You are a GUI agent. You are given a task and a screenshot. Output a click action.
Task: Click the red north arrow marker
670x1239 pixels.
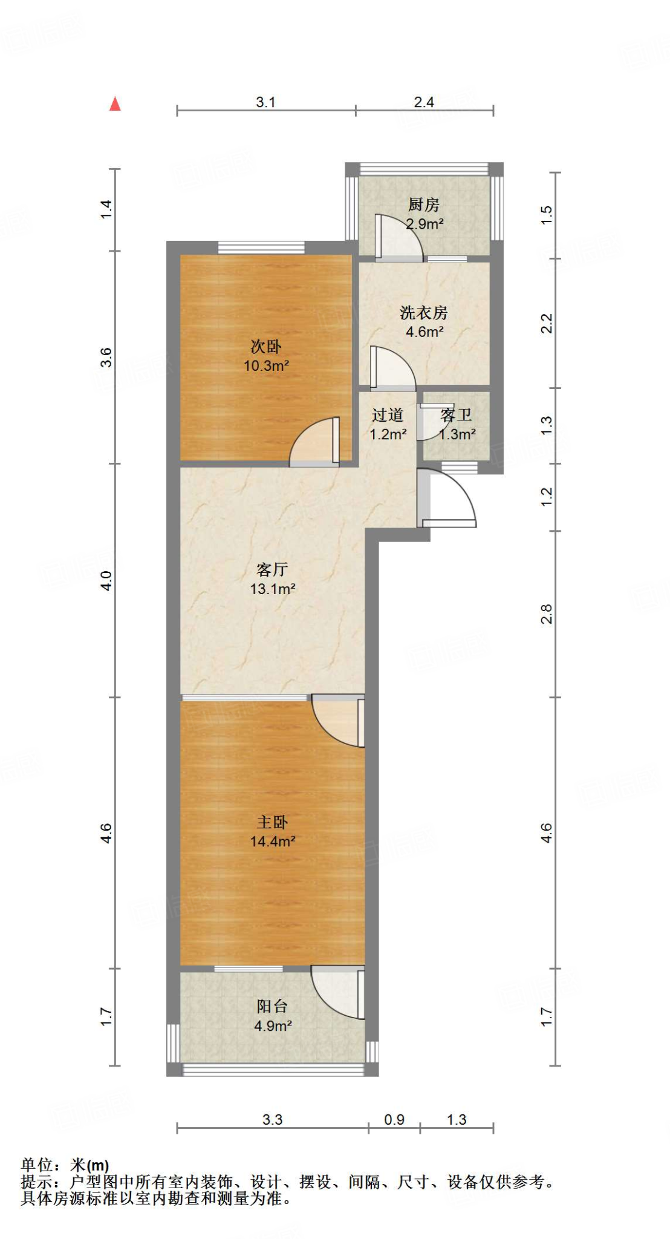tap(115, 104)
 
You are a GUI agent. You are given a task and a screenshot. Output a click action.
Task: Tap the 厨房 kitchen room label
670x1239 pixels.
tap(423, 204)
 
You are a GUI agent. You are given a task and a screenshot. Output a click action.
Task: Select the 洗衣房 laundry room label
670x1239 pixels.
tap(423, 313)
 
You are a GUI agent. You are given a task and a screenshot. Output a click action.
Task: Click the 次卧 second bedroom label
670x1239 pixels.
tap(266, 347)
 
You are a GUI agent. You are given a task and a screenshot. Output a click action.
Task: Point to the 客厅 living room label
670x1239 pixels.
tap(272, 569)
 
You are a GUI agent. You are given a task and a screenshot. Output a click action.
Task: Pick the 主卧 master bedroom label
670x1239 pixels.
tap(272, 822)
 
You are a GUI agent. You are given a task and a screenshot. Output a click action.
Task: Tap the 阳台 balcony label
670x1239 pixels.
tap(272, 1006)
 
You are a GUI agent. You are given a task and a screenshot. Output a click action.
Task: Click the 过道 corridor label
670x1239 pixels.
tap(388, 415)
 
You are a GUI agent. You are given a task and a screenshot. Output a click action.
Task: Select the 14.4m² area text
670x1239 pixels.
tap(273, 841)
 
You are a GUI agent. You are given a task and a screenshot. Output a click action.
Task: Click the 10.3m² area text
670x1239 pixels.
tap(266, 365)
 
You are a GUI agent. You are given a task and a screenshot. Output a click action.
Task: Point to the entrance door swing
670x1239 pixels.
tap(450, 499)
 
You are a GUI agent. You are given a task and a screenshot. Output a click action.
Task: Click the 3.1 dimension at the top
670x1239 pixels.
tap(265, 102)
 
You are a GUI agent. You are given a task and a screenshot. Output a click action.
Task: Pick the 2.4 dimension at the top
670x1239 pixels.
tap(424, 102)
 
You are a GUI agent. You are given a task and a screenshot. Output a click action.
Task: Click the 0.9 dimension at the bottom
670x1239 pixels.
tap(394, 1120)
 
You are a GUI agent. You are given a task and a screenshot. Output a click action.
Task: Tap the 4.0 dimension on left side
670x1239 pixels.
tap(106, 581)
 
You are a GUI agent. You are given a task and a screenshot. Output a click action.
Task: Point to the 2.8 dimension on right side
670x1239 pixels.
tap(547, 614)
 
